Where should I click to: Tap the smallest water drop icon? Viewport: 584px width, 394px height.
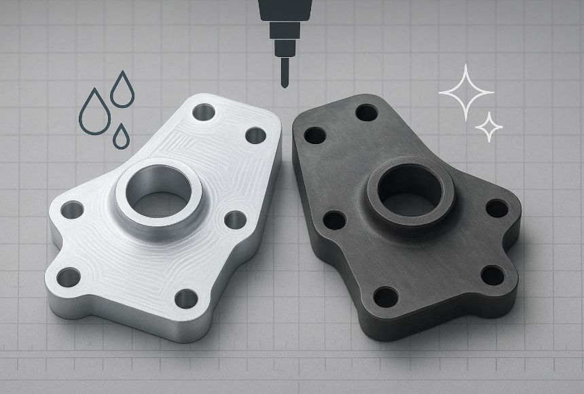tap(122, 137)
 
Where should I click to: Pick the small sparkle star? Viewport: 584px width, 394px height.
tap(489, 127)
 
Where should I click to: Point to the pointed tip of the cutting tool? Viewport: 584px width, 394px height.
tap(282, 84)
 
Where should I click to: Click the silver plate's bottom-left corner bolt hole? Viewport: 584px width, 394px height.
tap(69, 276)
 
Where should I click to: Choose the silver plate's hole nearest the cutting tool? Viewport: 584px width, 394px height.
tap(255, 135)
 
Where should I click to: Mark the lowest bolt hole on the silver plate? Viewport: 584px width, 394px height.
tap(185, 298)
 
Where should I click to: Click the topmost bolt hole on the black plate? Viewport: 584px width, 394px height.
tap(367, 111)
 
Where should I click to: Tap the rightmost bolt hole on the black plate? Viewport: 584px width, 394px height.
tap(497, 208)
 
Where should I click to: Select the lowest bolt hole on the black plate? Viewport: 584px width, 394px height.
tap(386, 297)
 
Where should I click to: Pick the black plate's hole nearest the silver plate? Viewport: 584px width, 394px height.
tap(314, 135)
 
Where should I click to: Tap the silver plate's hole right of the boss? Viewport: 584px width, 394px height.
tap(235, 219)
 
